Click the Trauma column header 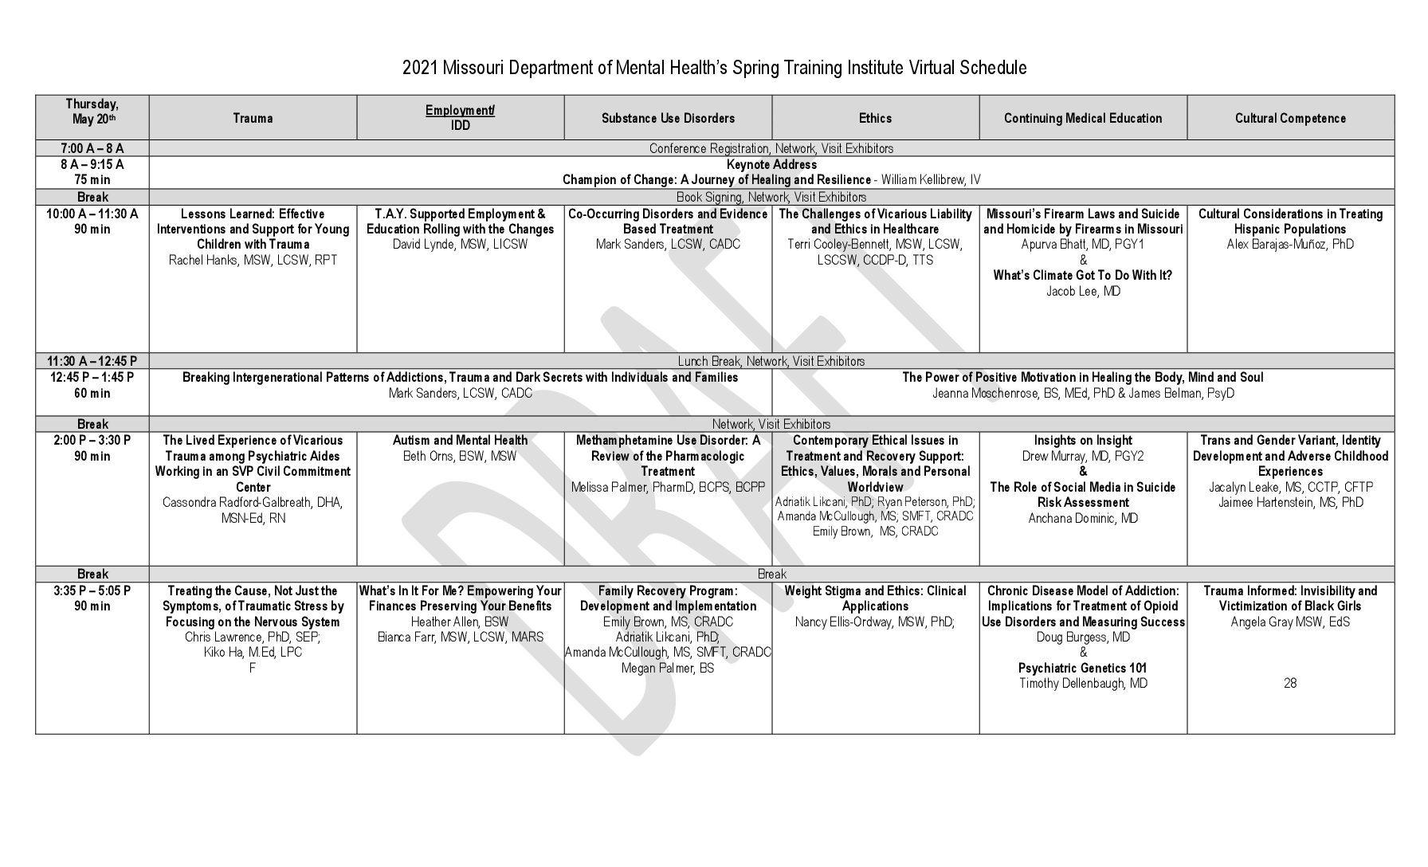pos(253,118)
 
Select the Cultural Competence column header pos(1290,118)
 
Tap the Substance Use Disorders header pos(668,118)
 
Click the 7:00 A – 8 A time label pos(92,148)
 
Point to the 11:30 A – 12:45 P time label pos(92,361)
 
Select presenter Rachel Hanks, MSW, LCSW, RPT pos(253,260)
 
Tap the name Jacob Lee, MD pos(1083,291)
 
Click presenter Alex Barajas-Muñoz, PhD pos(1290,244)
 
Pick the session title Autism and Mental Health pos(460,440)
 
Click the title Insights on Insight pos(1083,440)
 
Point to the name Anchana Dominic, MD pos(1083,518)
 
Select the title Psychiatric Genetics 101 pos(1083,668)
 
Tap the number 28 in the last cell pos(1290,683)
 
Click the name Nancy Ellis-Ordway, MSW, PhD pos(875,622)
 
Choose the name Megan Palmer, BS pos(668,668)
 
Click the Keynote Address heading pos(771,164)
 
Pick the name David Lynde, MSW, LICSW pos(460,244)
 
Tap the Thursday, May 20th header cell pos(92,111)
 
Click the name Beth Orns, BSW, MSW pos(460,456)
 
